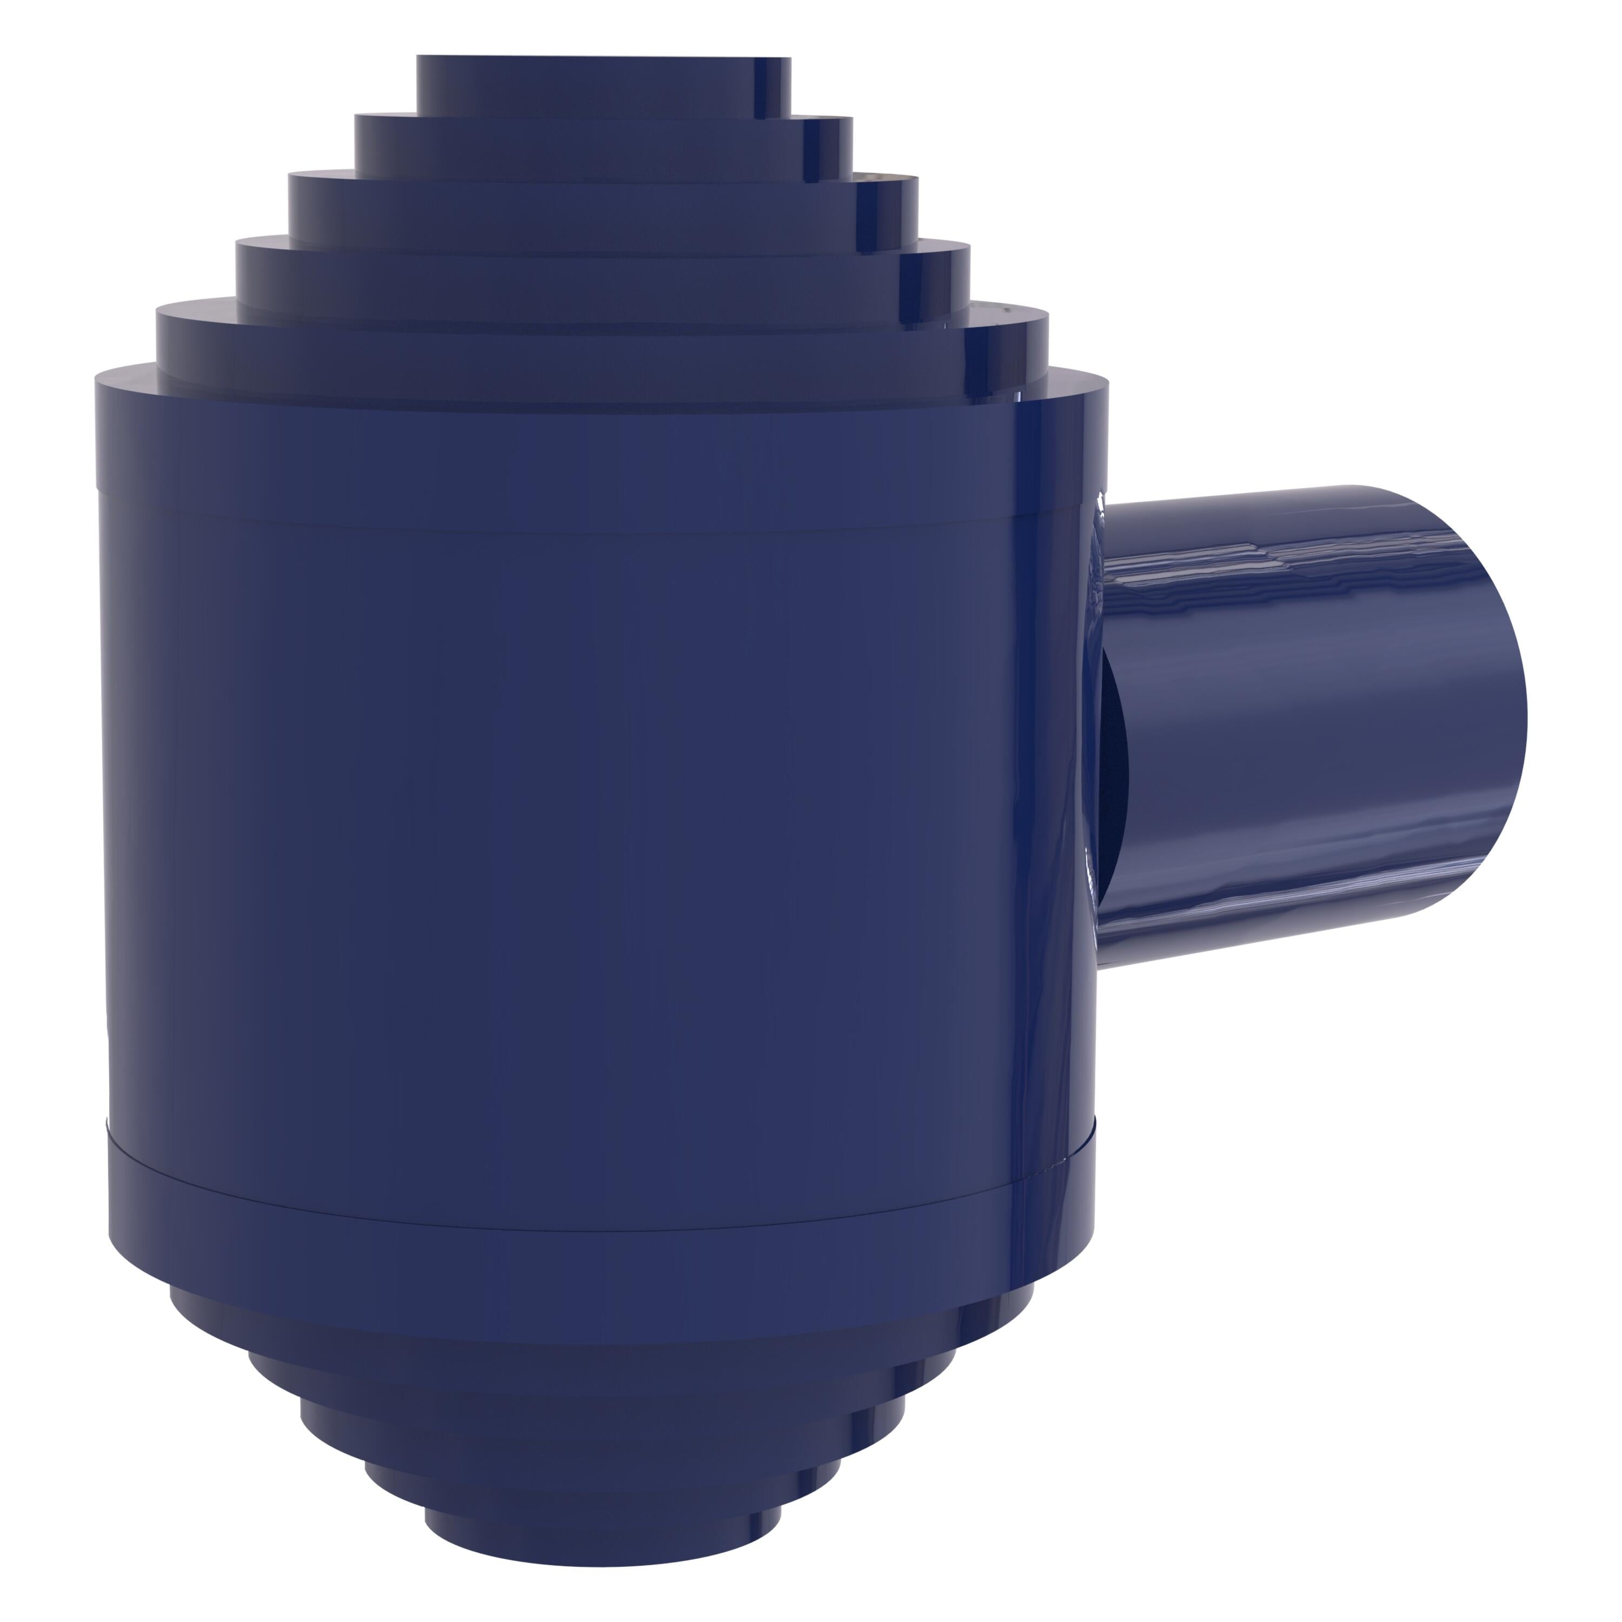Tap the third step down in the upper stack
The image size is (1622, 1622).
point(603,210)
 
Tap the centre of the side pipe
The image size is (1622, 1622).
point(1309,722)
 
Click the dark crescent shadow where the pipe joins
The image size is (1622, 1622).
point(1115,756)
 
